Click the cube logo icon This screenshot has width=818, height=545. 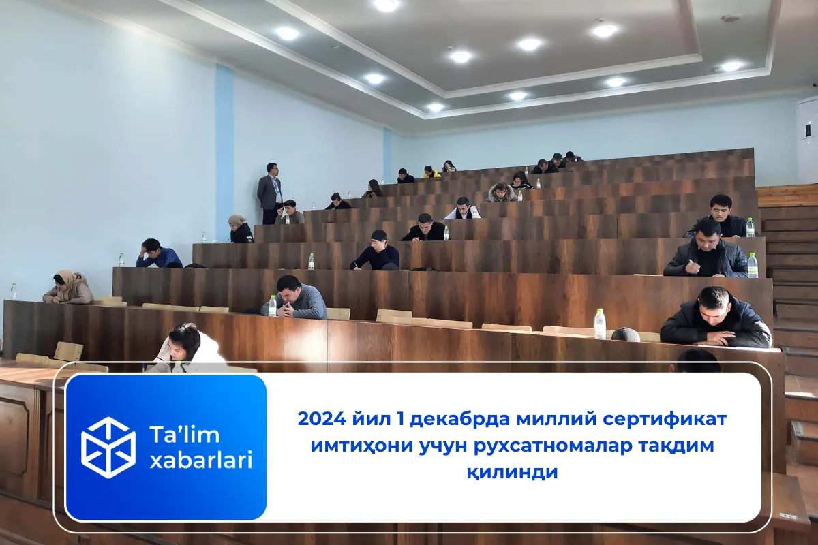click(108, 447)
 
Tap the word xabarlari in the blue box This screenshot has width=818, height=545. click(200, 460)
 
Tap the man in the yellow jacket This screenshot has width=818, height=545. click(431, 172)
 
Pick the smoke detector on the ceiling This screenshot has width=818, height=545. click(730, 18)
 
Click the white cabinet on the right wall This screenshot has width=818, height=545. click(807, 139)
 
